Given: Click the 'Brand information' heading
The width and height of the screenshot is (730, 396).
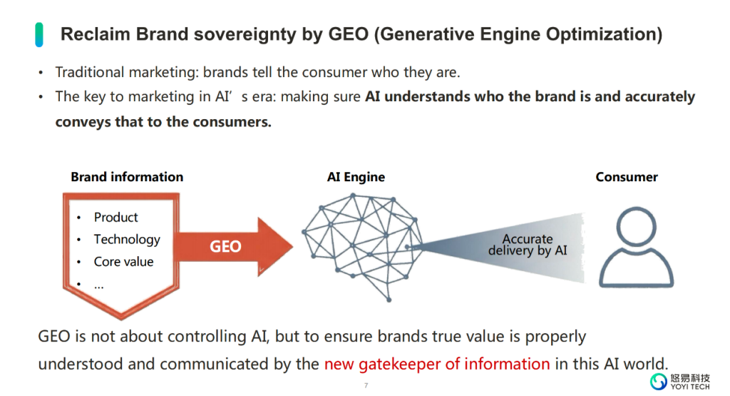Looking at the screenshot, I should [127, 177].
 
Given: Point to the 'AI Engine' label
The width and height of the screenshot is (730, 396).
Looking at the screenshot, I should [356, 177].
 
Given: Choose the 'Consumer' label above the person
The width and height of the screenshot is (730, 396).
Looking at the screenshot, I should [627, 177].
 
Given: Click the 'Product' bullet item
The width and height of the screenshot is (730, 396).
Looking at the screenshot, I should [115, 218].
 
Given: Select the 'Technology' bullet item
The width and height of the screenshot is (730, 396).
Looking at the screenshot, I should [127, 240].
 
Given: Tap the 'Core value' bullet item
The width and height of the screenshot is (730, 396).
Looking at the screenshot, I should [123, 262].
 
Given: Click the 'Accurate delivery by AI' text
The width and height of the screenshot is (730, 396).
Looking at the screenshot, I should [528, 245].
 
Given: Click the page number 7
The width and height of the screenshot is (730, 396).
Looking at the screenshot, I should [366, 386].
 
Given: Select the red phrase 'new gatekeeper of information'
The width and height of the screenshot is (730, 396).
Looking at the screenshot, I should [436, 364].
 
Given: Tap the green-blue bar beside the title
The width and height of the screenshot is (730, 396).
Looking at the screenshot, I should [40, 34].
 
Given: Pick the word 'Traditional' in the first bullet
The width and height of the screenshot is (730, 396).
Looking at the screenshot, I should [91, 73].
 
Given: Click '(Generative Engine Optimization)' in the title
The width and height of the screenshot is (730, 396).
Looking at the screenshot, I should [518, 34].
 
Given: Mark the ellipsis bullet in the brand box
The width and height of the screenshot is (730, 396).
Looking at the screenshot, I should [99, 284].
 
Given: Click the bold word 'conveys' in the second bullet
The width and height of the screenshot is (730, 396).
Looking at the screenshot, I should [82, 121].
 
